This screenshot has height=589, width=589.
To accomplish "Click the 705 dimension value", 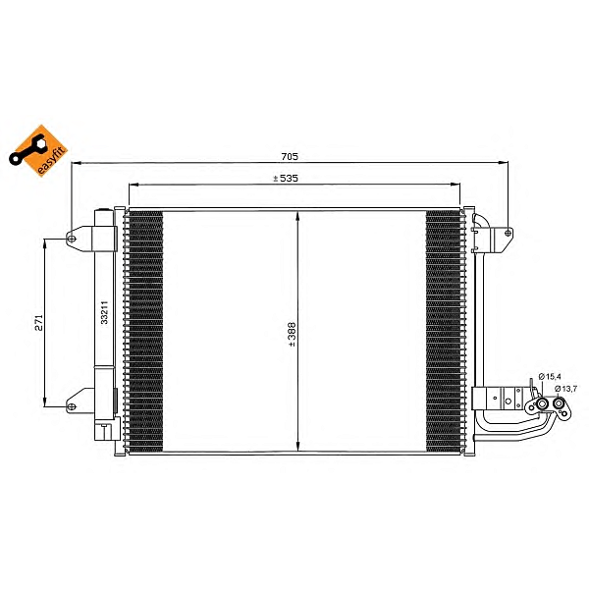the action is coord(290,156).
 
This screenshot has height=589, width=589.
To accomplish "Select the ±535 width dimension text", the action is coord(286,178).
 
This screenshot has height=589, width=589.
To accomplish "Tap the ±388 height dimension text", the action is coord(292,335).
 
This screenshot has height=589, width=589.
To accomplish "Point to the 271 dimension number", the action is coord(39,323).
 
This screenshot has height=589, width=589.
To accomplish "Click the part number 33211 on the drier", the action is coord(104,312).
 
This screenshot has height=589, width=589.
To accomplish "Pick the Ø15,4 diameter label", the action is coord(550,376).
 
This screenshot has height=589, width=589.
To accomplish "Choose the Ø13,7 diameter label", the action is coord(565,389).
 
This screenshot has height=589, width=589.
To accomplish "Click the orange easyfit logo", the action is coord(38,150).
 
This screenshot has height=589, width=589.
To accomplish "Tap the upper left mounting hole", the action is coord(72,239).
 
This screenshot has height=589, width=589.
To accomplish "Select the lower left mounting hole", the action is coord(72,406).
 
